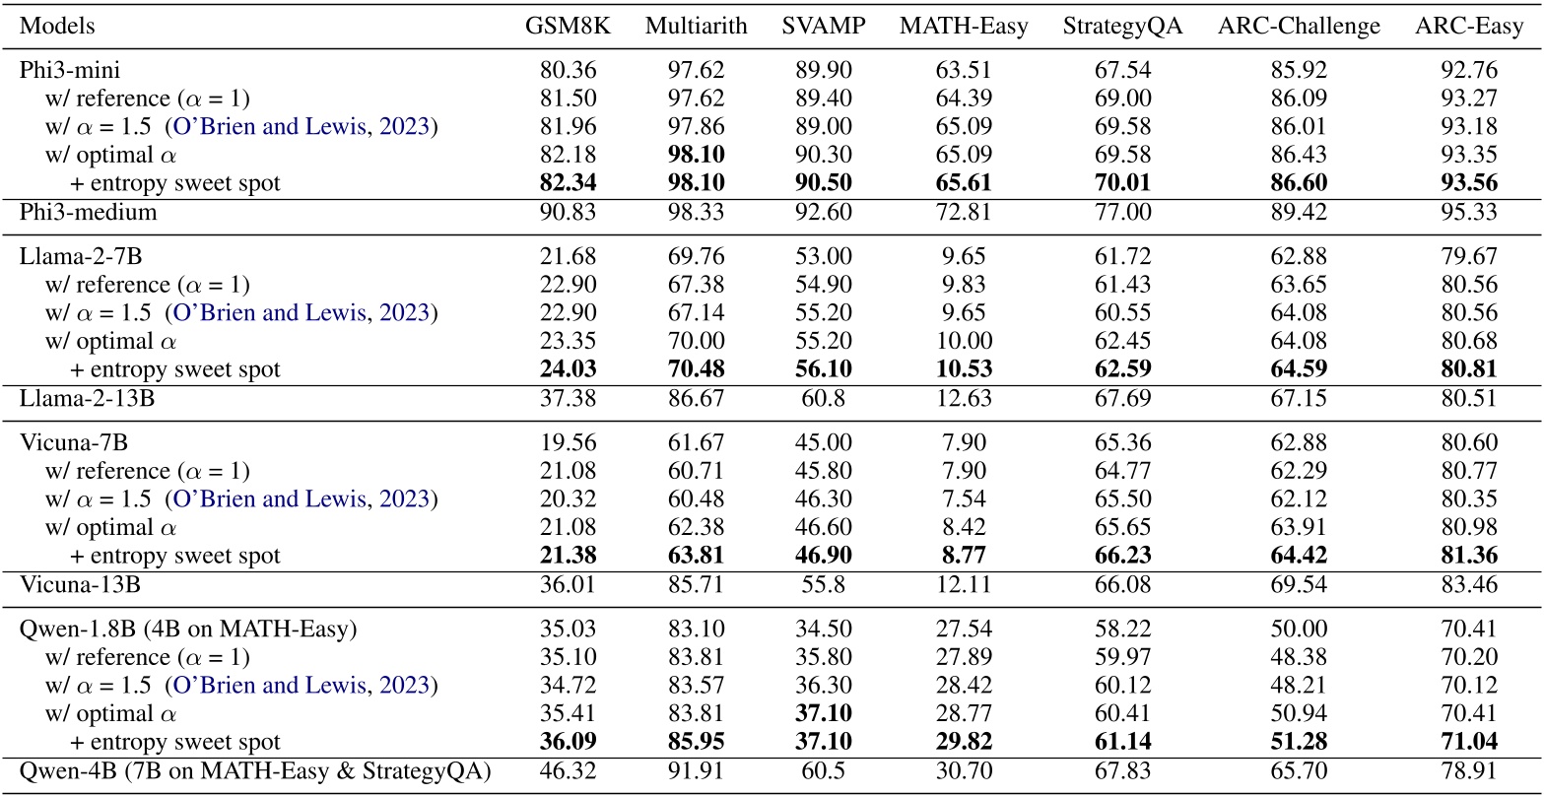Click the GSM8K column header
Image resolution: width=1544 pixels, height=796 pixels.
click(x=568, y=27)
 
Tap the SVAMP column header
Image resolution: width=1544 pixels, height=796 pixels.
click(x=823, y=27)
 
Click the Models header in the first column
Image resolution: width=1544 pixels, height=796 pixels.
click(x=57, y=27)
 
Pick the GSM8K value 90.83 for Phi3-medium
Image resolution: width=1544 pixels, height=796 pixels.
click(x=568, y=212)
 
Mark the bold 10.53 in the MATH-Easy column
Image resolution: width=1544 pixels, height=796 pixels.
click(x=963, y=369)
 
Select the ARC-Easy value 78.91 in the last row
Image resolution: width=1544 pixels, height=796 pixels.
click(x=1468, y=770)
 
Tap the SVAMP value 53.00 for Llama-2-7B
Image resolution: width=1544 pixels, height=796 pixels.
click(x=823, y=257)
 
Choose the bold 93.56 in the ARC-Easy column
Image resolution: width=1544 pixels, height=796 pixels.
click(x=1468, y=183)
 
